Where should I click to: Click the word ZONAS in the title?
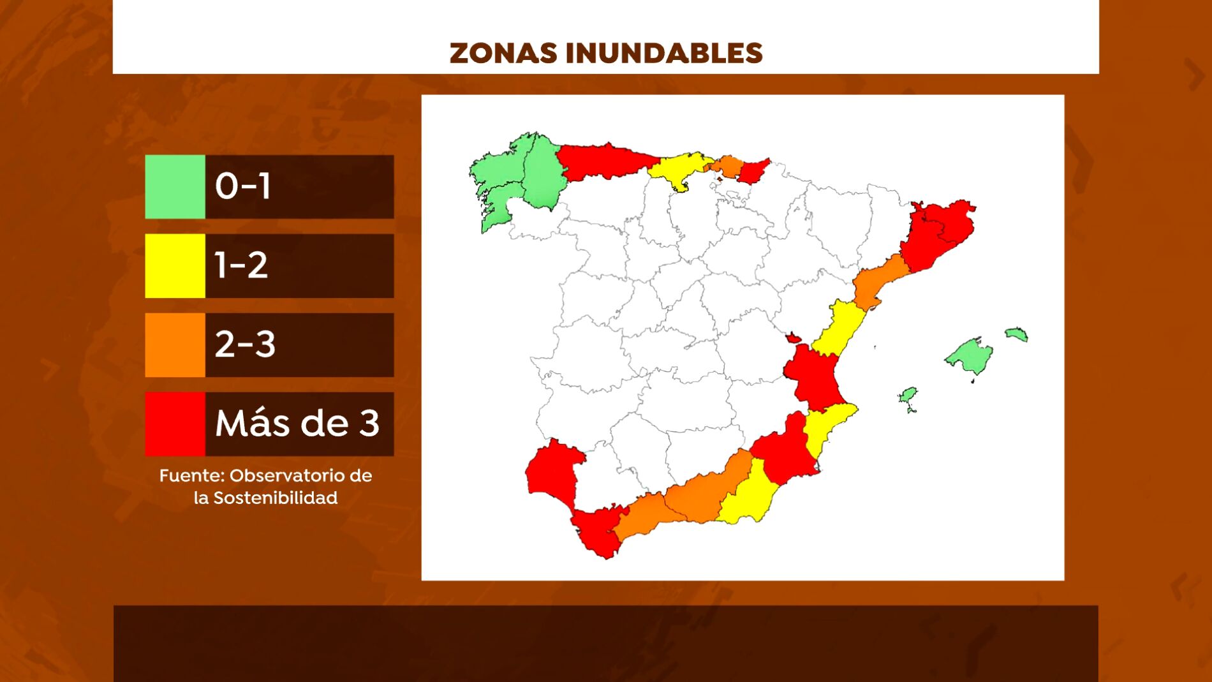click(503, 53)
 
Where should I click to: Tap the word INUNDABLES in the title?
click(664, 53)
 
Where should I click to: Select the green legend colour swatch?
click(175, 187)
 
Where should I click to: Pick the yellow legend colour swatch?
click(175, 265)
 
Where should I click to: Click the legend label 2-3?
click(245, 345)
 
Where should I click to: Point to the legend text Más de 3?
click(297, 423)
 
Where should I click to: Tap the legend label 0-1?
click(243, 186)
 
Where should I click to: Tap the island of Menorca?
click(1016, 334)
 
